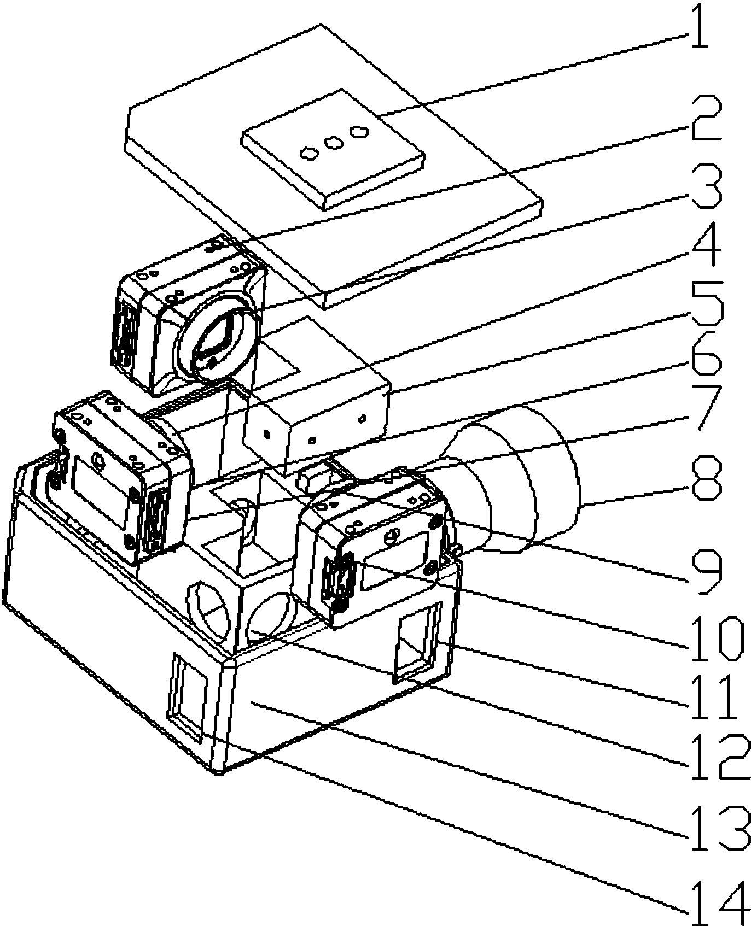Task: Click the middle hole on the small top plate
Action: (333, 143)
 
